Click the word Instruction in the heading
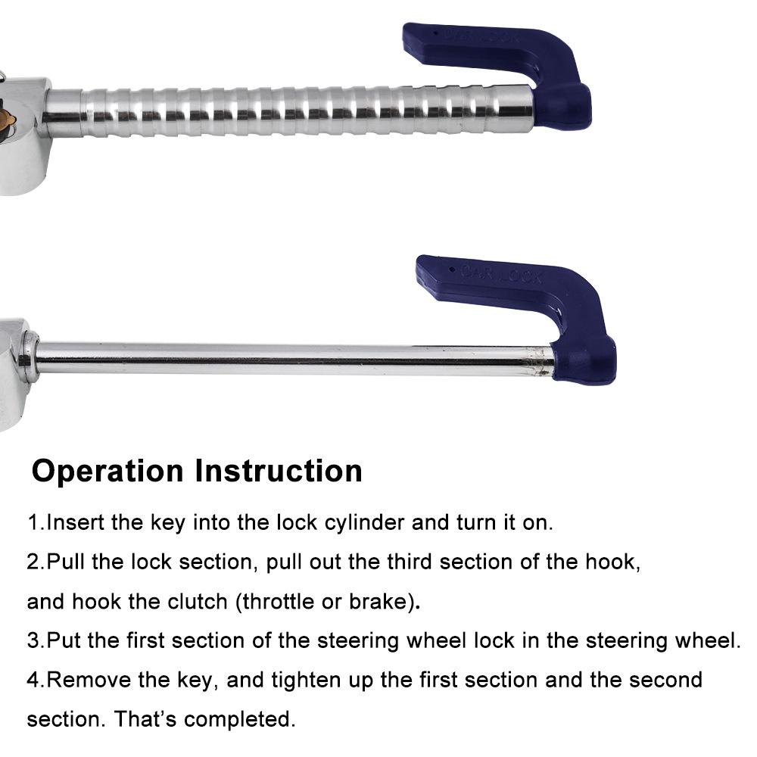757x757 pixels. [x=279, y=471]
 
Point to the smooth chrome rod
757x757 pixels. [x=294, y=359]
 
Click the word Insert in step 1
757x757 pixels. [x=75, y=523]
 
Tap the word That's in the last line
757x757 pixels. [x=145, y=719]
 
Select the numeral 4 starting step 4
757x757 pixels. [x=33, y=681]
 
